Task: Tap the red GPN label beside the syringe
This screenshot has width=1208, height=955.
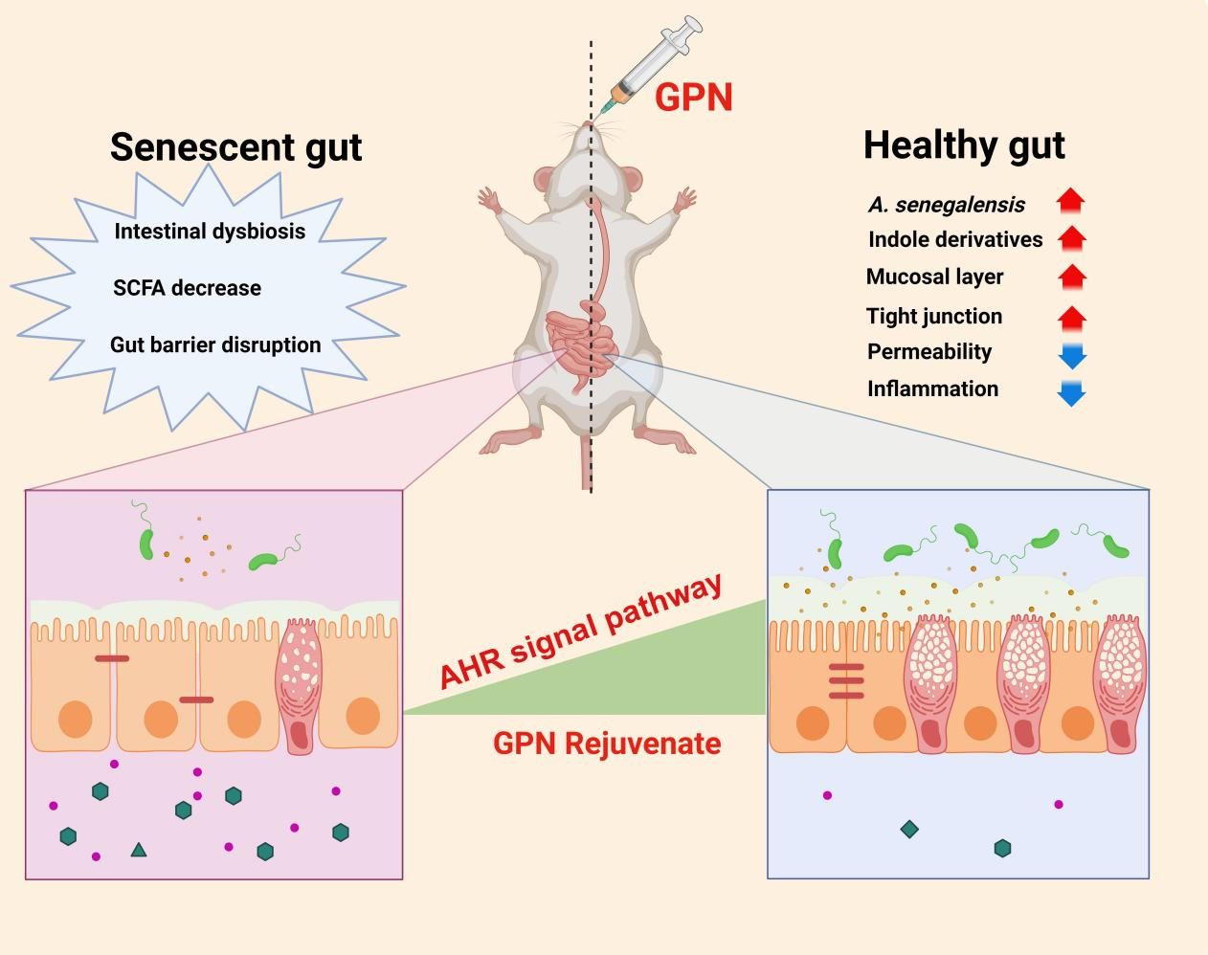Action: click(x=694, y=98)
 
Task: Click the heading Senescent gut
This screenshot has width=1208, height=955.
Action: click(x=235, y=147)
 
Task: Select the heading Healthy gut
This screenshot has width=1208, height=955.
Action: click(x=964, y=145)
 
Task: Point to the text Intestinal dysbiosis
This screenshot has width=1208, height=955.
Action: click(x=210, y=231)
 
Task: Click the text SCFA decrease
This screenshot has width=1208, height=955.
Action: click(x=187, y=288)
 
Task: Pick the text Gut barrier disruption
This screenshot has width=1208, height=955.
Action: click(x=215, y=344)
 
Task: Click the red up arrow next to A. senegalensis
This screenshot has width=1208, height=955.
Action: click(x=1071, y=200)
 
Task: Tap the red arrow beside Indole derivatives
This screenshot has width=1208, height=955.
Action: click(x=1071, y=237)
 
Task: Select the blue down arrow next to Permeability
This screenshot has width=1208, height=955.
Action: click(x=1071, y=355)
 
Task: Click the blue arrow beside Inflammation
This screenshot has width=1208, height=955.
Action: click(x=1071, y=392)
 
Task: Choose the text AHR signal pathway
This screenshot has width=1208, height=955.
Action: click(x=581, y=632)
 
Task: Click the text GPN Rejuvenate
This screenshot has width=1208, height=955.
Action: click(x=607, y=744)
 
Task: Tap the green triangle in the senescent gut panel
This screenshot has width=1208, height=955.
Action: click(x=139, y=849)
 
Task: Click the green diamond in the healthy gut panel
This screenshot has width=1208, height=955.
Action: click(x=909, y=829)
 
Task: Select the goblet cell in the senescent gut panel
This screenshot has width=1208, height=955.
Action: click(x=301, y=684)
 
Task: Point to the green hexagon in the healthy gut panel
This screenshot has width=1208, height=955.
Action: click(x=1002, y=848)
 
